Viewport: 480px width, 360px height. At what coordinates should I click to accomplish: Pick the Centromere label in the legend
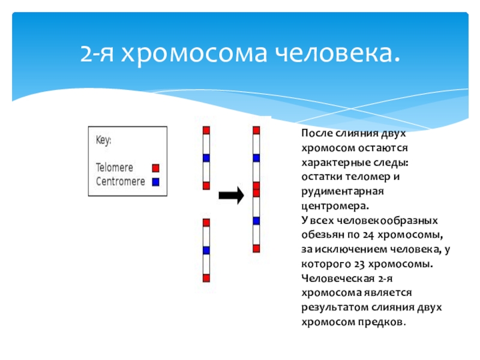pos(120,181)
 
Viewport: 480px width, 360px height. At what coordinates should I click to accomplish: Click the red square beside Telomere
pos(156,168)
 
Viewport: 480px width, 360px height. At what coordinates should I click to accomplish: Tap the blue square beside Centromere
pos(156,181)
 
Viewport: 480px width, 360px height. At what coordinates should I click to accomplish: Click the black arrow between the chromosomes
pos(231,195)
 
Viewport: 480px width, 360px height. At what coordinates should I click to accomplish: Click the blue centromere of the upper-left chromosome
pos(206,158)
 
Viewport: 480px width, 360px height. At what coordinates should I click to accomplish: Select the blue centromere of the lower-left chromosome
pos(206,250)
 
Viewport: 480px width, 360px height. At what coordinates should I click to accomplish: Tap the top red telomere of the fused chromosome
pos(256,130)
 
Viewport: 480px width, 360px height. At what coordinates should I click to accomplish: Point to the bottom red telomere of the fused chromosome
pos(256,248)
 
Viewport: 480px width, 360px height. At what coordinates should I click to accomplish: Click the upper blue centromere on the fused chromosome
pos(256,158)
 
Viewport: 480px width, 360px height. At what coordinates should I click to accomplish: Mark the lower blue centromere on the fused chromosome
pos(256,220)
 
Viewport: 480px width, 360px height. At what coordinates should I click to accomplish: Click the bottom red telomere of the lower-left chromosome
pos(206,278)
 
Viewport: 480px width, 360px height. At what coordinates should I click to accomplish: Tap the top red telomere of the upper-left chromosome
pos(206,130)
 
